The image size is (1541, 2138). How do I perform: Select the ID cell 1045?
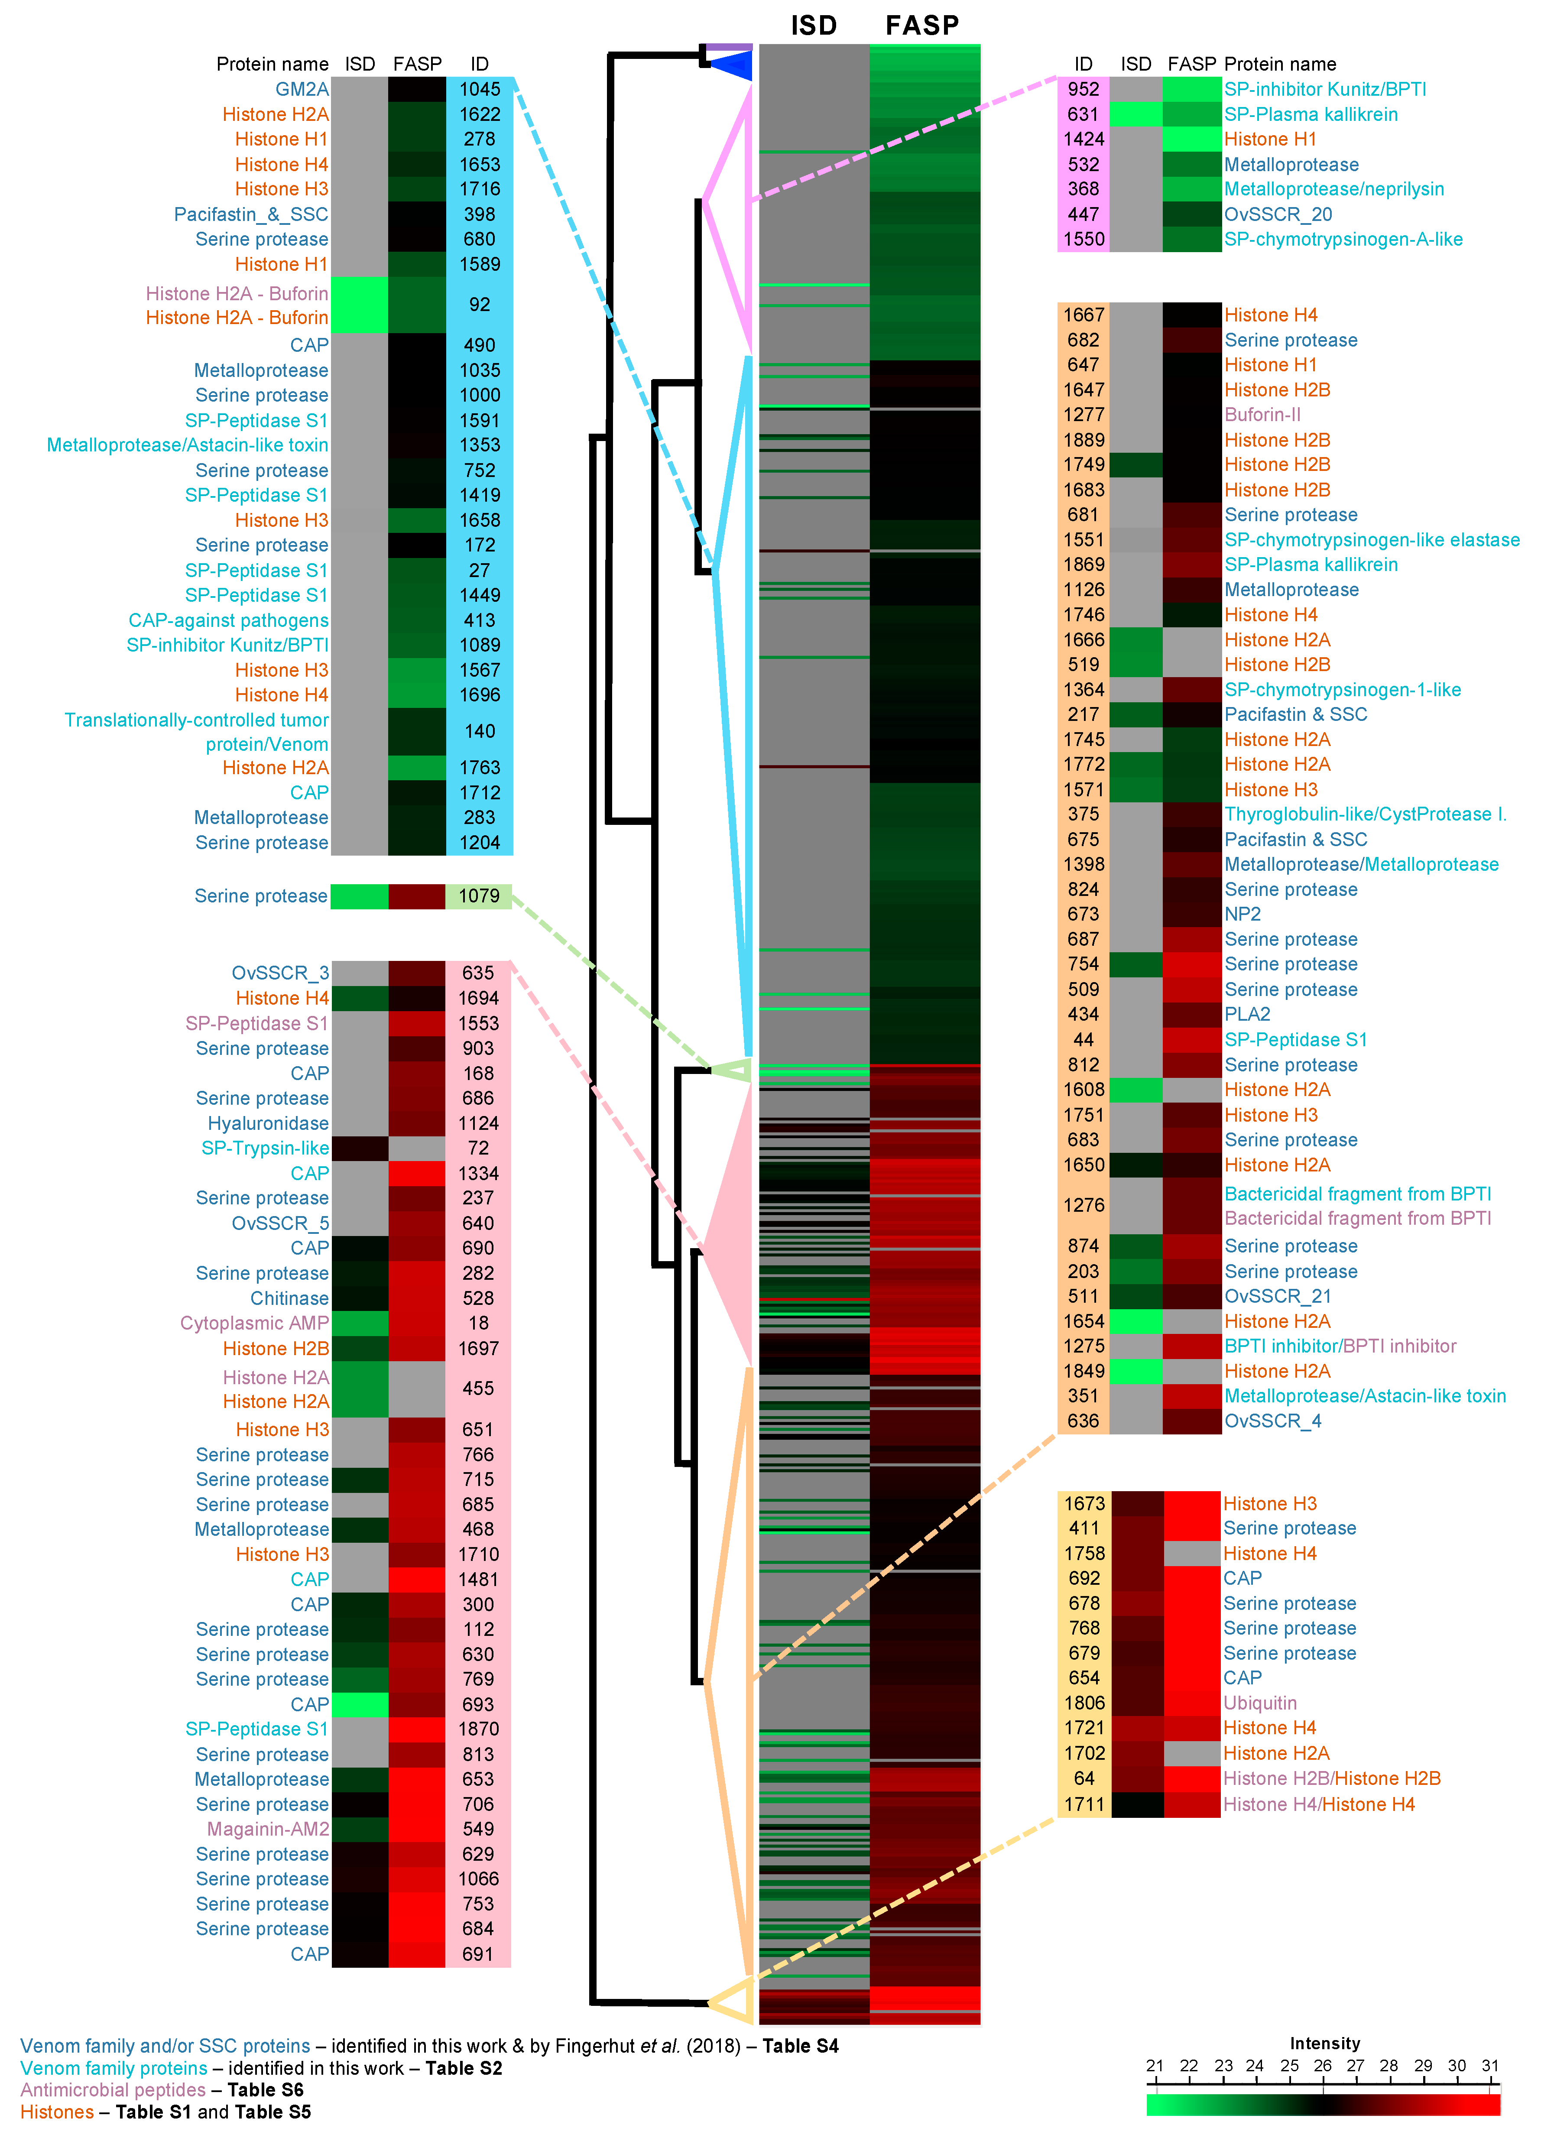click(480, 90)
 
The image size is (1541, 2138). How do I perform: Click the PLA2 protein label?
click(1247, 1014)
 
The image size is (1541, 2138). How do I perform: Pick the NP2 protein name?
click(1242, 915)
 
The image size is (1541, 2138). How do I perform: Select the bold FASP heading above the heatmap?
click(922, 26)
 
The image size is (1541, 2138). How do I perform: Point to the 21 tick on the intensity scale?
click(1155, 2065)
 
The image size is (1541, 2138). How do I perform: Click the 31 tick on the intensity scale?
click(1490, 2065)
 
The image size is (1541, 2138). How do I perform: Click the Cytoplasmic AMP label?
click(254, 1324)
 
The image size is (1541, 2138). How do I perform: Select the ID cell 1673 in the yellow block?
click(1084, 1504)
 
